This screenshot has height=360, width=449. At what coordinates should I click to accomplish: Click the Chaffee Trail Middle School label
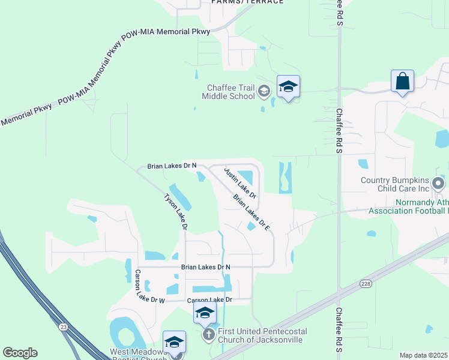click(x=228, y=92)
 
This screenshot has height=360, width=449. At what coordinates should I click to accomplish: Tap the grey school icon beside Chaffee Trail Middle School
click(x=263, y=92)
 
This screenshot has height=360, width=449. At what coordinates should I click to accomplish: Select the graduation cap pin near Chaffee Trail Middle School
click(x=288, y=87)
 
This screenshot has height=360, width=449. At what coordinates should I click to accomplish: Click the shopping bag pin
click(x=402, y=81)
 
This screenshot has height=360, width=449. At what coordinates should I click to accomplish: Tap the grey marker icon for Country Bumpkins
click(x=439, y=183)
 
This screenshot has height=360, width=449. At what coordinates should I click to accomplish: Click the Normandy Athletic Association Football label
click(x=408, y=206)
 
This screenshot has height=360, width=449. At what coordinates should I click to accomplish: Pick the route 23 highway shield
click(x=62, y=327)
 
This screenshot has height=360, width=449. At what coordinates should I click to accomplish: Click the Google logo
click(x=20, y=353)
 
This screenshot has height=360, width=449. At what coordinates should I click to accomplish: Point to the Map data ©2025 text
click(x=424, y=355)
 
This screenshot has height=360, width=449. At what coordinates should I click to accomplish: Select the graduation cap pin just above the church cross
click(x=205, y=313)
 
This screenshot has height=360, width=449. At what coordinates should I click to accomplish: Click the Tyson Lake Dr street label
click(x=176, y=211)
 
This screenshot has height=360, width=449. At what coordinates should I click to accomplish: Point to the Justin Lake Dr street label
click(x=240, y=182)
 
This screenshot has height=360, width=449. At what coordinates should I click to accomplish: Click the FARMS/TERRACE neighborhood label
click(x=247, y=2)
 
